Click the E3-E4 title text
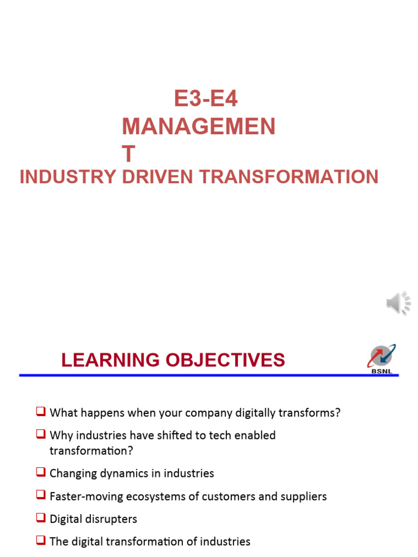[206, 99]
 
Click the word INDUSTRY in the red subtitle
[67, 177]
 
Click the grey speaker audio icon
[398, 302]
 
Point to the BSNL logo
[382, 359]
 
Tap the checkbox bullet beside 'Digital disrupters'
[41, 518]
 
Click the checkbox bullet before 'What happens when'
[41, 412]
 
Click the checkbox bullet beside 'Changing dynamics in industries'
[41, 473]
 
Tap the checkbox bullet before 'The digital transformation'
[41, 541]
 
